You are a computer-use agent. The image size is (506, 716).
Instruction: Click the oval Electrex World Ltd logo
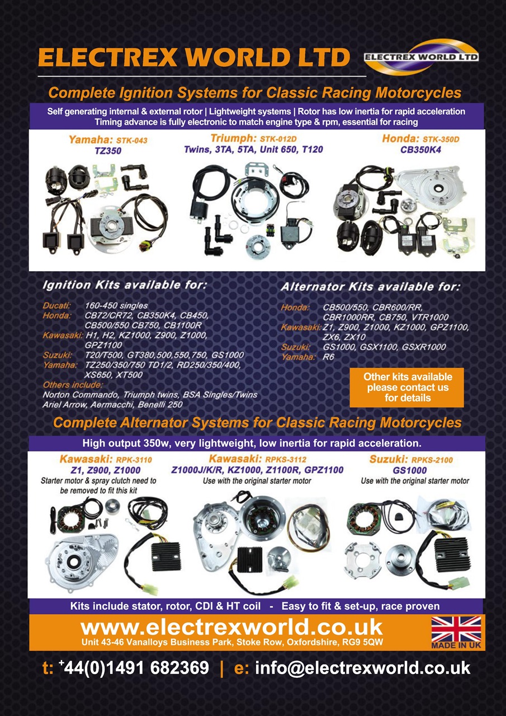[x=421, y=57]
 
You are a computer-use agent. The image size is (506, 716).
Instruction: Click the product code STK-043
[x=131, y=140]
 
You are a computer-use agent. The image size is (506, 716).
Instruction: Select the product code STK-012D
[x=278, y=139]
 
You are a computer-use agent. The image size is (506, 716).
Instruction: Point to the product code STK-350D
[x=441, y=139]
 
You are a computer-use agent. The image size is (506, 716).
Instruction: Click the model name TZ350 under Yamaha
[x=108, y=150]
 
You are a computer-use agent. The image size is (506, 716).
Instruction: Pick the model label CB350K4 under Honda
[x=420, y=149]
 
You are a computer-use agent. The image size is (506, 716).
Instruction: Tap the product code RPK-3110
[x=134, y=460]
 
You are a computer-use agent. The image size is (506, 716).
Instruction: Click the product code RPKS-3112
[x=281, y=459]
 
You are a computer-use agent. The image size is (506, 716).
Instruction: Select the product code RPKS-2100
[x=432, y=460]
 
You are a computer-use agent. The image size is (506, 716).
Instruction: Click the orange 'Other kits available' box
[x=406, y=388]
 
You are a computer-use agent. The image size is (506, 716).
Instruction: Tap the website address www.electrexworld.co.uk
[x=231, y=627]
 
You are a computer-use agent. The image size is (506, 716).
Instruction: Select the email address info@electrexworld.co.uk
[x=362, y=668]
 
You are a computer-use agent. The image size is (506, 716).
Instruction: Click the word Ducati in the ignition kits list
[x=57, y=305]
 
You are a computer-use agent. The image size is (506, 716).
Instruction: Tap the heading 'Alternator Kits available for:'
[x=371, y=287]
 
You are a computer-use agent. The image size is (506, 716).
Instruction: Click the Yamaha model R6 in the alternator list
[x=328, y=357]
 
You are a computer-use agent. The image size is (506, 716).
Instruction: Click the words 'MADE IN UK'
[x=456, y=645]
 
